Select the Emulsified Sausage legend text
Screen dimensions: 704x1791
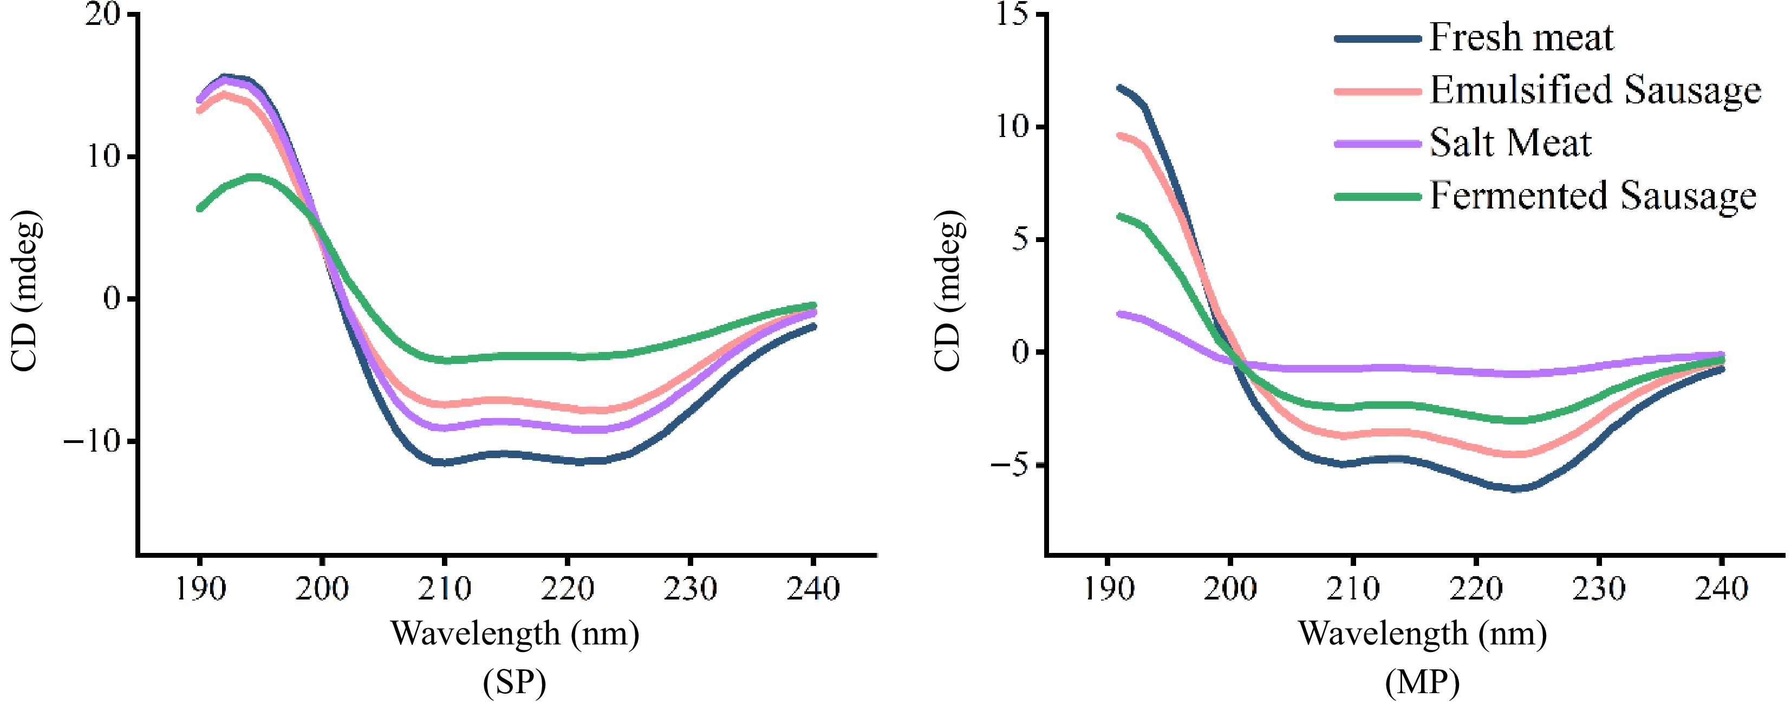click(x=1595, y=90)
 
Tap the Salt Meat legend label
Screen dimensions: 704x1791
click(x=1510, y=143)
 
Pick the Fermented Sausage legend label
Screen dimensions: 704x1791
click(x=1593, y=196)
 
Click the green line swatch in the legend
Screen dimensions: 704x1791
click(x=1377, y=197)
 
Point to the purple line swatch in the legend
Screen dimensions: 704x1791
click(x=1377, y=144)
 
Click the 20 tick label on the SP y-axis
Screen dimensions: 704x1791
click(x=102, y=15)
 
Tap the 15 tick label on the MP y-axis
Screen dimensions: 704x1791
click(x=1012, y=15)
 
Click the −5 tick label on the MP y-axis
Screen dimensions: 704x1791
click(x=1010, y=466)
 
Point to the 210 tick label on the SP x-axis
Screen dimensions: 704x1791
click(x=444, y=589)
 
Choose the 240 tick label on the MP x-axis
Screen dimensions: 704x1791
click(x=1721, y=589)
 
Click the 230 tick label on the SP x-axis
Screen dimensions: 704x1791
click(x=690, y=589)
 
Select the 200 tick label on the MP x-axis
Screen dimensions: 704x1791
click(x=1230, y=589)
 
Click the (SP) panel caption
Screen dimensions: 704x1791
click(x=514, y=682)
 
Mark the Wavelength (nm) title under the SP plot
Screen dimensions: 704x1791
click(x=514, y=633)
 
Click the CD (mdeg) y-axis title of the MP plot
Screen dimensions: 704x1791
click(x=948, y=290)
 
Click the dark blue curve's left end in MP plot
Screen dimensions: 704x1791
click(x=1119, y=88)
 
